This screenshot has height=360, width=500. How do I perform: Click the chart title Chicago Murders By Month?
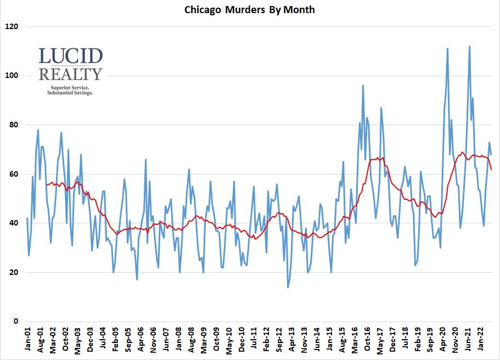tap(249, 10)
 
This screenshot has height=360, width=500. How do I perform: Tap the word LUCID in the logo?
tap(71, 56)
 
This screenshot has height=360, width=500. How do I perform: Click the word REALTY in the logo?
tap(71, 74)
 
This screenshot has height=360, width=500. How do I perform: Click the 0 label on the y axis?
tap(15, 322)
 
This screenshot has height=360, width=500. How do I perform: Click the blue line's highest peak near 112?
tap(469, 47)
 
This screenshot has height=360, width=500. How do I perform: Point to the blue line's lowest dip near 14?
tap(288, 287)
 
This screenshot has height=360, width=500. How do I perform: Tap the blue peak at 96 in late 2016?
tap(363, 86)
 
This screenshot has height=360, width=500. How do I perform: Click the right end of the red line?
tap(491, 170)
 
